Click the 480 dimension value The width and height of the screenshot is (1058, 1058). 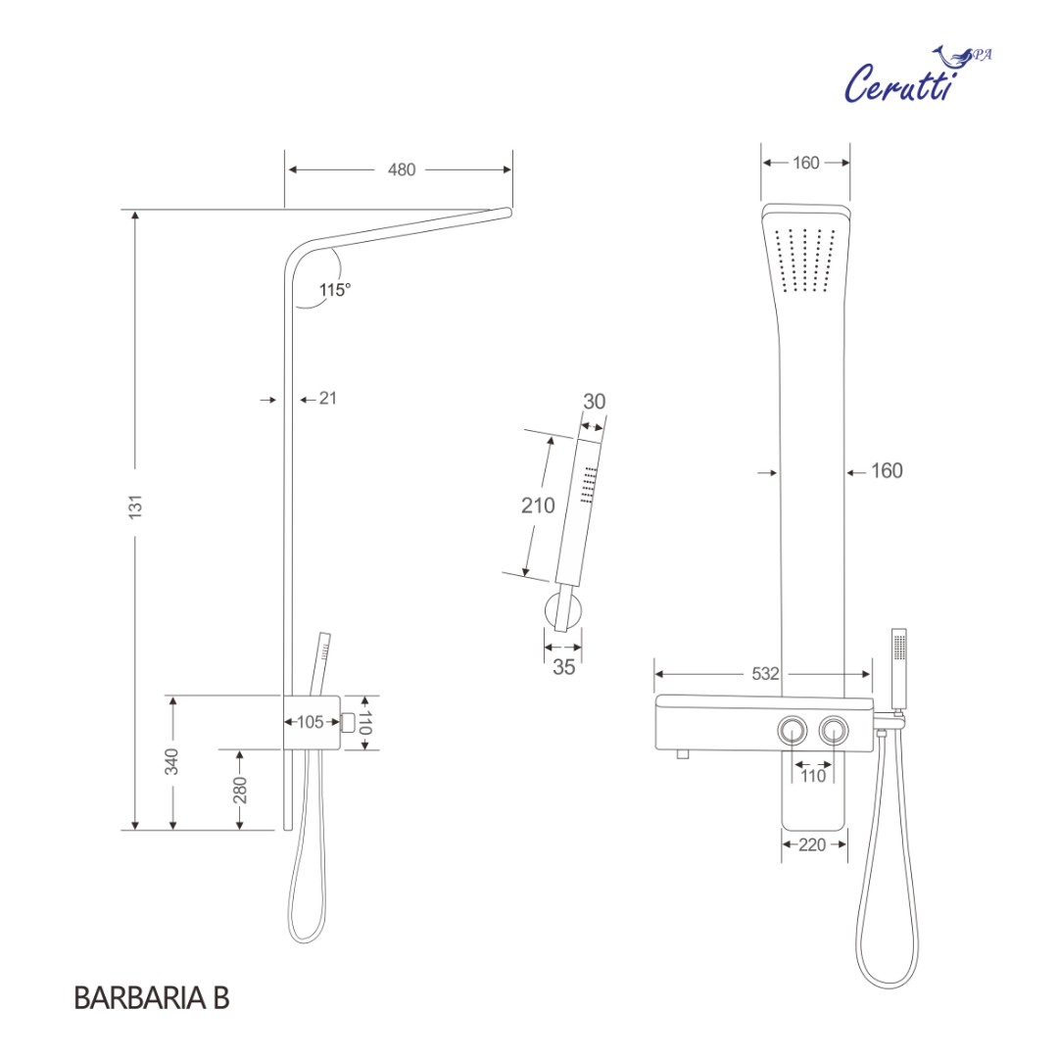[402, 169]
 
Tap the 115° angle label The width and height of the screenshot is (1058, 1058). [334, 290]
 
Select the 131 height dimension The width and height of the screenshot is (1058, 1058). [136, 505]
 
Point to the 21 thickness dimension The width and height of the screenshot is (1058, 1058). [328, 399]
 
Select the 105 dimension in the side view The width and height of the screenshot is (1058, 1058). [310, 722]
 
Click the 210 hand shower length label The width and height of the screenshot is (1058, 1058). [537, 505]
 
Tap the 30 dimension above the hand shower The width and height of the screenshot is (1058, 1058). [594, 402]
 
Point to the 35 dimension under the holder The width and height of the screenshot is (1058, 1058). [562, 668]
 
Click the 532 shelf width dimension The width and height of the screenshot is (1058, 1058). [765, 674]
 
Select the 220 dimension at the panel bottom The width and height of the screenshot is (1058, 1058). [812, 845]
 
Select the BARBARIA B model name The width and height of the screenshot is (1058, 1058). [151, 998]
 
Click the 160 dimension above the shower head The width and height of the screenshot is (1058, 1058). [805, 164]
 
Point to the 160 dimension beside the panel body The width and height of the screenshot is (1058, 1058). [887, 471]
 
